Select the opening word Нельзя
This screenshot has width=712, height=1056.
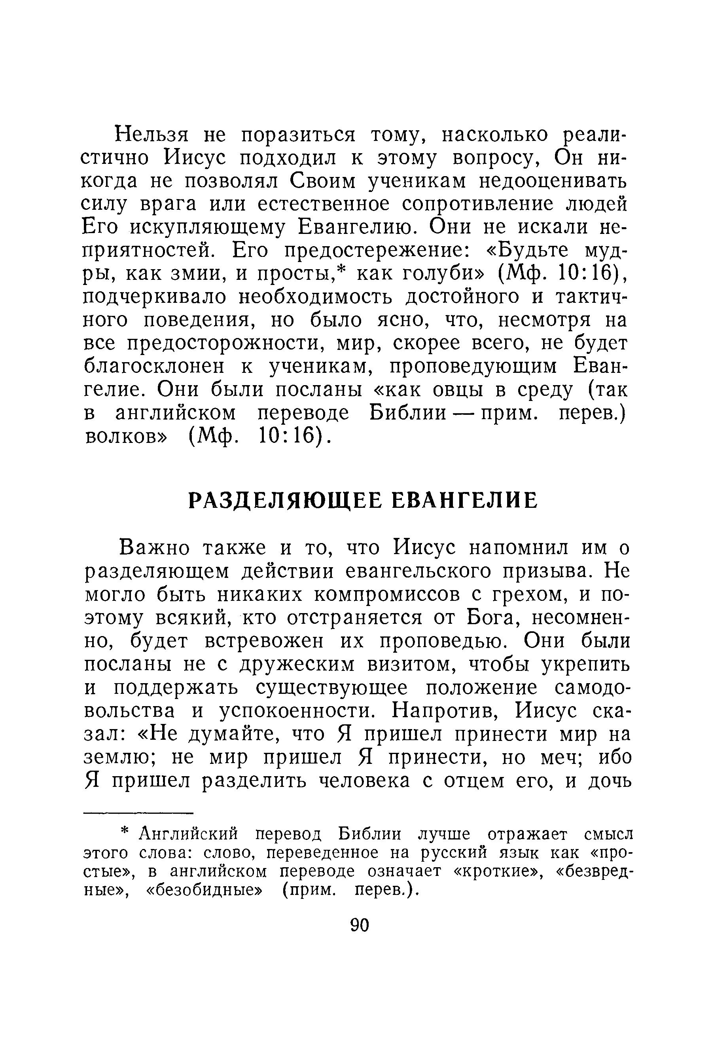[x=150, y=135]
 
